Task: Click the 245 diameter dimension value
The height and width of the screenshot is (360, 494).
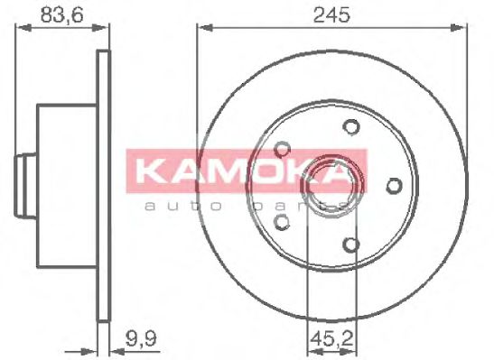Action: pos(331,13)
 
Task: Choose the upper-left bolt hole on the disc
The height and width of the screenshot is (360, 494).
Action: pos(284,148)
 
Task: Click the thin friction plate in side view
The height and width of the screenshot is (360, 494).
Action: pos(103,184)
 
